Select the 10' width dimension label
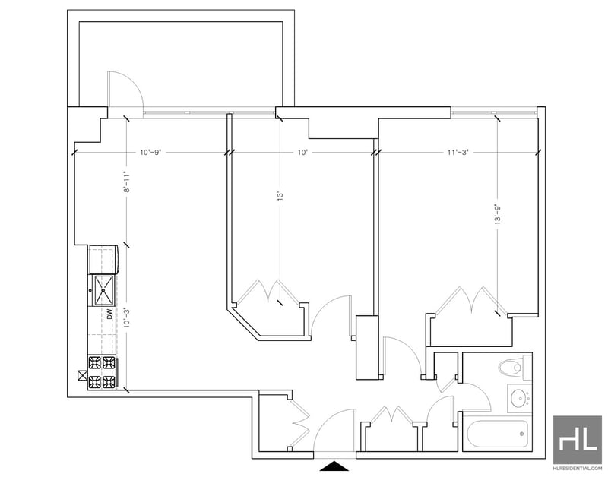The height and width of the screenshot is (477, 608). coord(302,152)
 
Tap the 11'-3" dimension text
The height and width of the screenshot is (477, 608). coord(458,152)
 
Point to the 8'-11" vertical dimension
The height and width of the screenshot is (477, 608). coord(126,182)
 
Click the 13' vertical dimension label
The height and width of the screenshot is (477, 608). coord(280,195)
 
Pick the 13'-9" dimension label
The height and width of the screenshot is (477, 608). coord(498,214)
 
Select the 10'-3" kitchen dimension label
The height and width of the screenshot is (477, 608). coord(126,317)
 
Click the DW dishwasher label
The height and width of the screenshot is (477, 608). coord(109,314)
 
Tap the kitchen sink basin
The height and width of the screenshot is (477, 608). coord(104,290)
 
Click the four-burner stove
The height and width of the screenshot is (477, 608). coord(103,372)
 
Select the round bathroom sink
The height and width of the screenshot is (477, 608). coord(520,398)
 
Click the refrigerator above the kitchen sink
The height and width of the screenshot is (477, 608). coord(103,259)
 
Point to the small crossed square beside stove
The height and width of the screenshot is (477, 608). coord(83,375)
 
